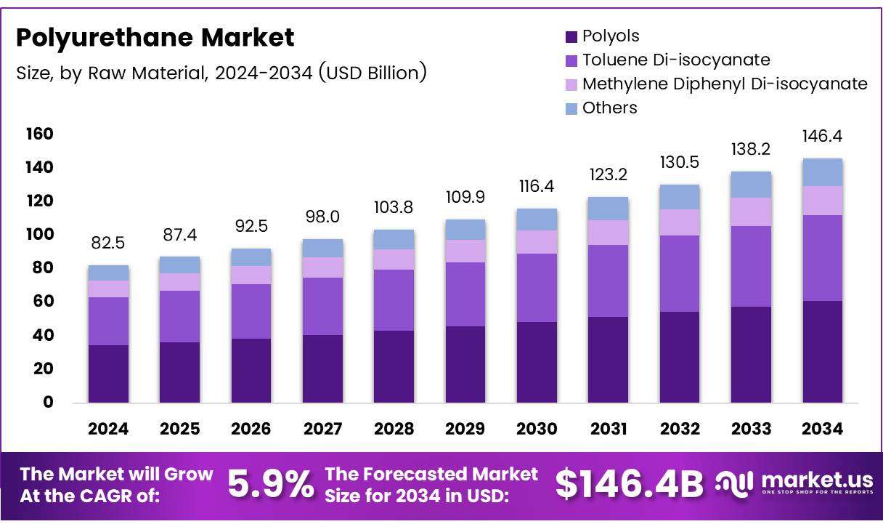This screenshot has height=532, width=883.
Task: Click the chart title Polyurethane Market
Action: [155, 37]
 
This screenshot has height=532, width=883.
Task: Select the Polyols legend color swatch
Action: [571, 36]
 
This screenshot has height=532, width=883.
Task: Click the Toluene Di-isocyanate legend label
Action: [676, 60]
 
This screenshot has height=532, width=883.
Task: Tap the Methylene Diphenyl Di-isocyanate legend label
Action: [725, 84]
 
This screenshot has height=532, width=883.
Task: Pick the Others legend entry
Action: [609, 108]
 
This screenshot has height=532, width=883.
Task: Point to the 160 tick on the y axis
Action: [39, 134]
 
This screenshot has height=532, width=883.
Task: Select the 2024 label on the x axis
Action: [108, 430]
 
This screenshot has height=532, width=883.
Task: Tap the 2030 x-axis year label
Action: [537, 430]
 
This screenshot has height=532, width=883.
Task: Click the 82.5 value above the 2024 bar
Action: [108, 242]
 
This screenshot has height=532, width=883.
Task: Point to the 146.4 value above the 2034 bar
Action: [822, 136]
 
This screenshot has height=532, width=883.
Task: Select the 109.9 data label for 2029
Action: [465, 197]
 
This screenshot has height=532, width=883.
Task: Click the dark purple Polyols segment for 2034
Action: [822, 352]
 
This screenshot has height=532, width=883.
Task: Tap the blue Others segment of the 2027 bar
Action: [322, 248]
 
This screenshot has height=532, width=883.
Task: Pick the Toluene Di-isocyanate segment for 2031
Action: [608, 281]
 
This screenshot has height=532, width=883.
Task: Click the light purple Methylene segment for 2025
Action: [179, 282]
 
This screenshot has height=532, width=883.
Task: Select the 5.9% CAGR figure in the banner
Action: [271, 485]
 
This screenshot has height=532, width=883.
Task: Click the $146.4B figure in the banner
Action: [629, 485]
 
